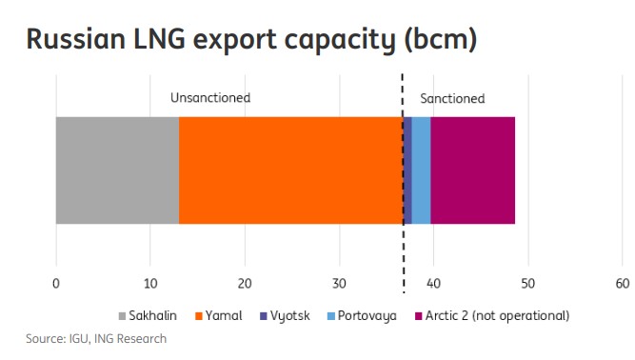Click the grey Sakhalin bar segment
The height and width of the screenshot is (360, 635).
click(x=117, y=170)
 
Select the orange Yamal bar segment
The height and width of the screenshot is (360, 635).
click(x=290, y=170)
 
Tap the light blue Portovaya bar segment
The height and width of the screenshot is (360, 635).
click(x=421, y=170)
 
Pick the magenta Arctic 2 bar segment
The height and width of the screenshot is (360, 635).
click(x=472, y=170)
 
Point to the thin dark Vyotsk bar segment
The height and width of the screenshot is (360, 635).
click(x=408, y=170)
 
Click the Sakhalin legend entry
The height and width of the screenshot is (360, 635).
click(x=149, y=315)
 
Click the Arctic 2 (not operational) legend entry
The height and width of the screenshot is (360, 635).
click(x=491, y=315)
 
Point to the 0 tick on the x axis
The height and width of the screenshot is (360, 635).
click(x=56, y=283)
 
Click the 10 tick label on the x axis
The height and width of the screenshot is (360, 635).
click(x=149, y=283)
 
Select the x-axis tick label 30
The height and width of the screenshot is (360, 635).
click(x=339, y=283)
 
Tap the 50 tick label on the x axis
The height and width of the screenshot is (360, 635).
click(x=527, y=283)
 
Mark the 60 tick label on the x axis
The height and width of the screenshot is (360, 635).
click(x=622, y=283)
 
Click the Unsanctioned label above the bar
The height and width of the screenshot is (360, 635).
click(x=210, y=97)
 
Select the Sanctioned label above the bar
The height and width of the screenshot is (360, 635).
click(x=452, y=98)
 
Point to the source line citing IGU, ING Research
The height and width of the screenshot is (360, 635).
click(x=95, y=338)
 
